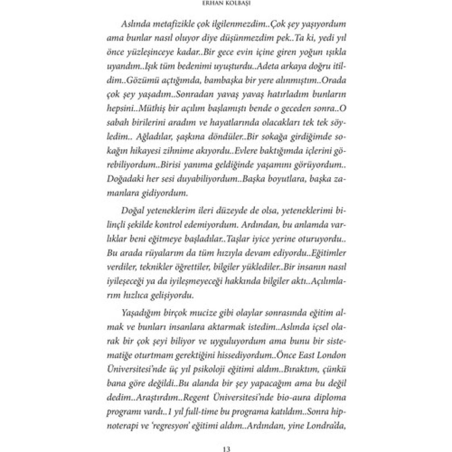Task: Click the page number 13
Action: [x=226, y=449]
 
